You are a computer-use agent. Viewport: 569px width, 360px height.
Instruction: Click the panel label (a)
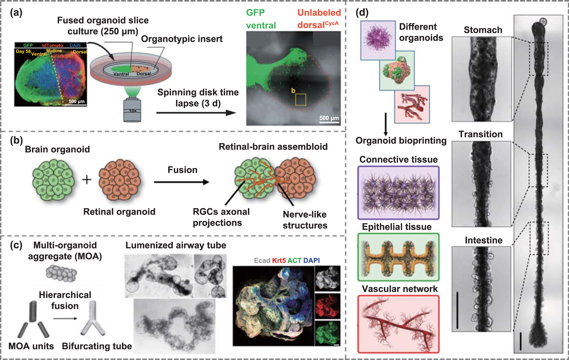click(x=16, y=12)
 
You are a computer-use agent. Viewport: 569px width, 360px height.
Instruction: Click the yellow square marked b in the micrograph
click(x=300, y=99)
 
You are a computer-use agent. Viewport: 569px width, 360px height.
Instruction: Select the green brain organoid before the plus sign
click(x=53, y=180)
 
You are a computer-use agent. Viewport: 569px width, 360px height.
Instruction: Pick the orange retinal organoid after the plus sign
click(x=119, y=179)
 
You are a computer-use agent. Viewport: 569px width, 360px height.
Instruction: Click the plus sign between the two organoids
click(x=87, y=179)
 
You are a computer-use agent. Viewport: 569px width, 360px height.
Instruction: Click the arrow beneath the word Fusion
click(x=182, y=182)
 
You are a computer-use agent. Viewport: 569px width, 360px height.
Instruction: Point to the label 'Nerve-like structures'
click(x=305, y=220)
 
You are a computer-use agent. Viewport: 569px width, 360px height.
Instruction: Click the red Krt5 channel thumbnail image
click(x=327, y=306)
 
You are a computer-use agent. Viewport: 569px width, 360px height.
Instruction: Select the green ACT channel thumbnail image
click(x=327, y=333)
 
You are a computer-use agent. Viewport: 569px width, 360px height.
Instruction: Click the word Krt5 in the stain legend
click(x=279, y=261)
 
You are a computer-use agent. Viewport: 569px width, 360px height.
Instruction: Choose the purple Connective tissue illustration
click(x=398, y=193)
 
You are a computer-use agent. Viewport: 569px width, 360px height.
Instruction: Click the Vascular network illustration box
click(x=398, y=324)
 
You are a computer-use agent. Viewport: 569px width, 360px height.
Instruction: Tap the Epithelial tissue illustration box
click(x=398, y=257)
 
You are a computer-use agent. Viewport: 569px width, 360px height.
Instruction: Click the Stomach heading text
click(x=483, y=30)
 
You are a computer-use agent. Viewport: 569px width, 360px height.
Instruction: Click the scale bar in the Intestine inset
click(x=457, y=310)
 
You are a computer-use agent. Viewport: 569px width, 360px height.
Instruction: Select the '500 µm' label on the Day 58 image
click(x=76, y=101)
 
